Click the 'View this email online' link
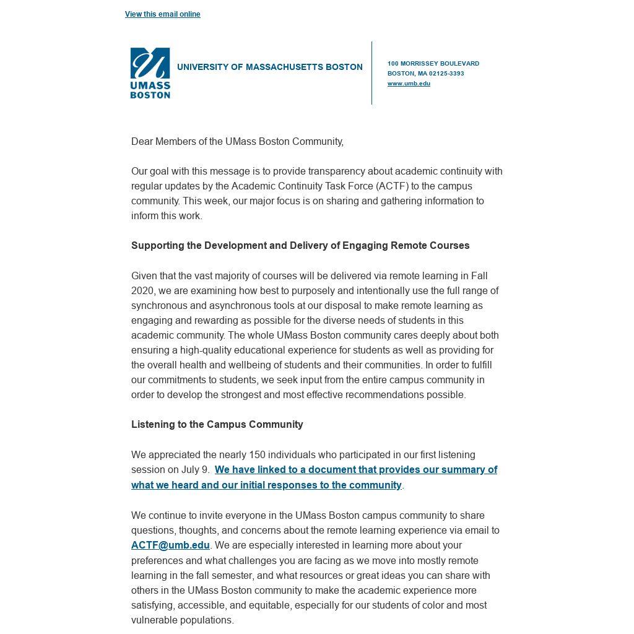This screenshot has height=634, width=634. pyautogui.click(x=162, y=14)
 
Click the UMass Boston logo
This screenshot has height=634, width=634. pyautogui.click(x=150, y=73)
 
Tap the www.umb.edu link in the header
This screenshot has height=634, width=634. pyautogui.click(x=409, y=84)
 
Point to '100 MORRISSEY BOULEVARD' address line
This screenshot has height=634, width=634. pyautogui.click(x=433, y=64)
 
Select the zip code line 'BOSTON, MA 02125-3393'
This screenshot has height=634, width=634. pyautogui.click(x=425, y=74)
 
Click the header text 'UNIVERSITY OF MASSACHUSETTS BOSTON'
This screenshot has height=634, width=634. pyautogui.click(x=269, y=67)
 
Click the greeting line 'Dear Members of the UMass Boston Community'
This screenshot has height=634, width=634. pyautogui.click(x=237, y=142)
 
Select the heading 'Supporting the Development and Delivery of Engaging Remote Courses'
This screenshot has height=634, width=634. pyautogui.click(x=300, y=246)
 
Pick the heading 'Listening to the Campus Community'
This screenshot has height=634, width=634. pyautogui.click(x=217, y=425)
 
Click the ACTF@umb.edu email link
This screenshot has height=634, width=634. pyautogui.click(x=170, y=545)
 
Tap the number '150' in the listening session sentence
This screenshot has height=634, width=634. pyautogui.click(x=256, y=455)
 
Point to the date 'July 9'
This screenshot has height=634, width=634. pyautogui.click(x=195, y=470)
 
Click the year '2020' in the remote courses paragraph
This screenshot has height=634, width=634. pyautogui.click(x=142, y=291)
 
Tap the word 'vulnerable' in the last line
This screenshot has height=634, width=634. pyautogui.click(x=155, y=620)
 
